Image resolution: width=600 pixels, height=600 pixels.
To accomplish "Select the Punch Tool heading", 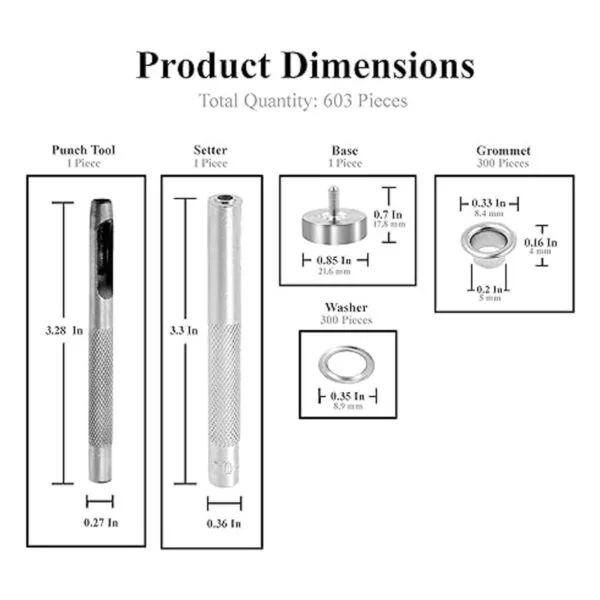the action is tap(83, 150).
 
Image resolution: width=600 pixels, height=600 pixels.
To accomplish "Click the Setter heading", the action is tap(210, 150).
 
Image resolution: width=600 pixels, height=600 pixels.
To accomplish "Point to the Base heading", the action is tap(345, 150).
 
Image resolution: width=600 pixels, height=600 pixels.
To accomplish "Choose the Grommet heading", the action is tap(503, 150).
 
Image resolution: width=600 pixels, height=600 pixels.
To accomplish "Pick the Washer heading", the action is tap(346, 307).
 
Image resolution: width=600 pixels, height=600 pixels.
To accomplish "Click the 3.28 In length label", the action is tap(64, 330).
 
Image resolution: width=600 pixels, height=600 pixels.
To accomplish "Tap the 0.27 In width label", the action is tap(101, 523).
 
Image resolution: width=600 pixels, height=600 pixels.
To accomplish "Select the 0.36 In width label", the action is tap(224, 523).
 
